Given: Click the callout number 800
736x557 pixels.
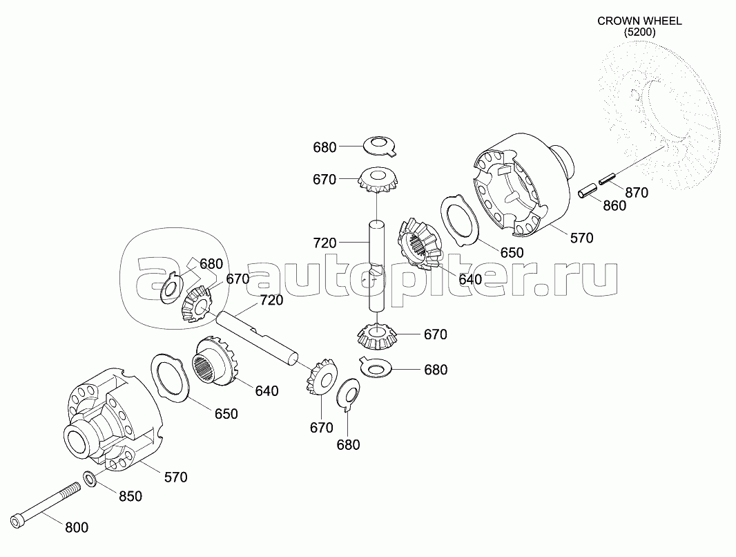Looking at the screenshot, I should pos(77,527).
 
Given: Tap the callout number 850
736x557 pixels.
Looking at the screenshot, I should pos(130,496).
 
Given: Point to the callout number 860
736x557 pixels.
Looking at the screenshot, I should pos(614,205).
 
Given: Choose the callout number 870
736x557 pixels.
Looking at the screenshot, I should pos(637,192).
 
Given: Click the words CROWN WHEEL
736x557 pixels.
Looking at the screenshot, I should pos(639,21).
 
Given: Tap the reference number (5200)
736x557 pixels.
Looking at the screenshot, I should pos(639,32).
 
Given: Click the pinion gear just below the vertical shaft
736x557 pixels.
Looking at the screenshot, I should pos(376,337).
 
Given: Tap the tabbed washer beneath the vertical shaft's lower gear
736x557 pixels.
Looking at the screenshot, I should pos(376,367).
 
